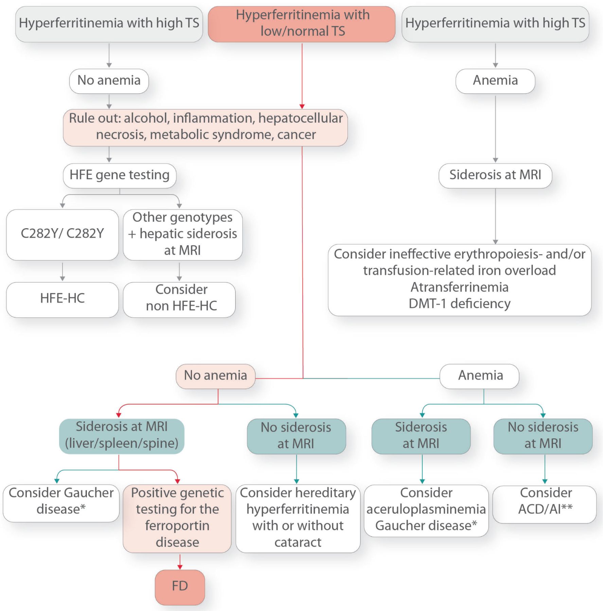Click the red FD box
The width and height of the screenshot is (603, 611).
tap(180, 587)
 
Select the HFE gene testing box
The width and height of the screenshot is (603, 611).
tap(119, 175)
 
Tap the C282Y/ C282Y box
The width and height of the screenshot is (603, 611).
tap(62, 234)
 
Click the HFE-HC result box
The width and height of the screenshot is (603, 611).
tap(62, 299)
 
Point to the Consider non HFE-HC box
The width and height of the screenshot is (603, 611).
tap(179, 299)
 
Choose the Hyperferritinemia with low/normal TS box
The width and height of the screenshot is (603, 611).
tap(302, 24)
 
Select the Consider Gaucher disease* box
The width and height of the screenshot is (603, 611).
tap(61, 502)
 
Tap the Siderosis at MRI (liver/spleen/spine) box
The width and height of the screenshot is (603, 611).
tap(122, 436)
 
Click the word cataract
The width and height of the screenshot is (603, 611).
tap(298, 542)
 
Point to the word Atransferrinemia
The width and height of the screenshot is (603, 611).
tap(459, 287)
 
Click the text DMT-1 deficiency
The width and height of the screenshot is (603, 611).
tap(459, 303)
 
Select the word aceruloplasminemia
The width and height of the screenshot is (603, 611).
tap(426, 509)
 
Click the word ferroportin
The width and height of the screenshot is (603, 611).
tap(177, 525)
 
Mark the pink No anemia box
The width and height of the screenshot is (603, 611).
tap(215, 376)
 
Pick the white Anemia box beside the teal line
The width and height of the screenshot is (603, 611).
tap(480, 376)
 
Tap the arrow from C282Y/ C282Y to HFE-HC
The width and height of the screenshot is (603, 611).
tap(63, 272)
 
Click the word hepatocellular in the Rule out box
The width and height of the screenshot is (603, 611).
tap(300, 118)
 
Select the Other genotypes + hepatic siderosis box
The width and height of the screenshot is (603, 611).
tap(182, 234)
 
